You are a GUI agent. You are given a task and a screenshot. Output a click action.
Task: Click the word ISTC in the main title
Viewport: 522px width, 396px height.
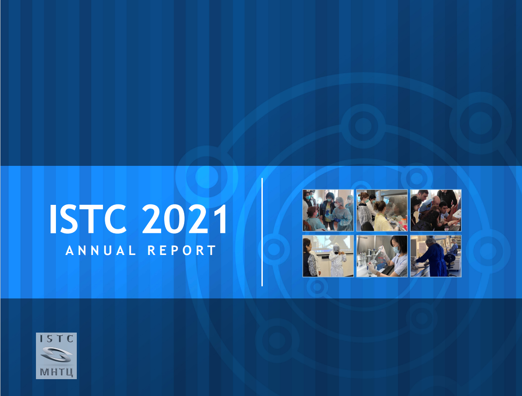coord(88,219)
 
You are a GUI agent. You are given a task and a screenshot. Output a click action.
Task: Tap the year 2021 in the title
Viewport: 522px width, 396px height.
coord(185,219)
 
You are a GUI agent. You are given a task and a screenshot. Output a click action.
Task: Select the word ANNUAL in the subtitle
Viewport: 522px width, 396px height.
coord(100,251)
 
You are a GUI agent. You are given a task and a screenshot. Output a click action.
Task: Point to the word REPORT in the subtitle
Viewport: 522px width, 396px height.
coord(182,251)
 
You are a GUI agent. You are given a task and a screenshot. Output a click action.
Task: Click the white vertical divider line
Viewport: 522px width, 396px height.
coord(262,232)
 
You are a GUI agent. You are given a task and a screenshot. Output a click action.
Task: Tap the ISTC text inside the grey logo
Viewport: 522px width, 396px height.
coord(56,339)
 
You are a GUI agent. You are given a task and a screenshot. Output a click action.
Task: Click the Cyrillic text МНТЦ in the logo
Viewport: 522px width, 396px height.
coord(56,372)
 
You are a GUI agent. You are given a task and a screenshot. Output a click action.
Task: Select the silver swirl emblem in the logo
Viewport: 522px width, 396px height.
coord(56,355)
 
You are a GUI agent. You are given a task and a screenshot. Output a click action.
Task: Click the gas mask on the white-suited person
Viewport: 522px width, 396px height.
coord(336,249)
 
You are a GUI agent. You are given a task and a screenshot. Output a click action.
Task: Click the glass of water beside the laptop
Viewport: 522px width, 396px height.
coord(447,228)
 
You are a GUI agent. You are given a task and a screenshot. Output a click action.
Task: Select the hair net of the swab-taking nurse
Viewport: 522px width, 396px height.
coord(339,200)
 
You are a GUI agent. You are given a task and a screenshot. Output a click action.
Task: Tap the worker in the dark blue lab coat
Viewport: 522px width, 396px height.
coord(431,257)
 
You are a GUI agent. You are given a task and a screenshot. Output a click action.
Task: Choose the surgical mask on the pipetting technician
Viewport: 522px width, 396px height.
coord(396,249)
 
